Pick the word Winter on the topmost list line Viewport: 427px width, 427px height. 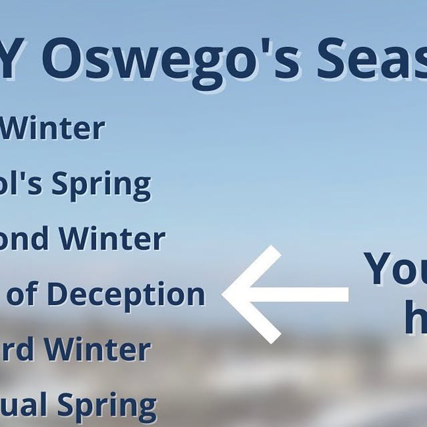click(53, 127)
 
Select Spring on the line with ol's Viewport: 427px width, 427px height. click(101, 185)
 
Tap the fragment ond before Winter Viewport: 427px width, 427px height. click(28, 239)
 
